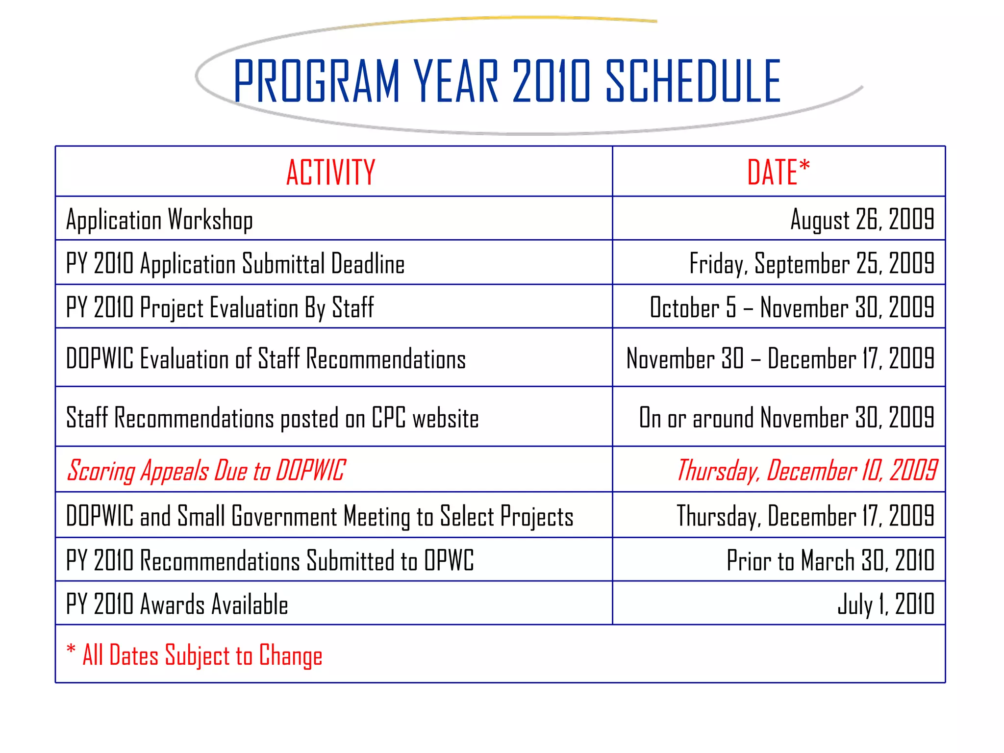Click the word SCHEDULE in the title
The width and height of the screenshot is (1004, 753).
tap(693, 81)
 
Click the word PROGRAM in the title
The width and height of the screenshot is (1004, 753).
tap(317, 81)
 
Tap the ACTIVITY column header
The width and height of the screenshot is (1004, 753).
tap(331, 173)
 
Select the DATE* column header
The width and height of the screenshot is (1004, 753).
tap(778, 173)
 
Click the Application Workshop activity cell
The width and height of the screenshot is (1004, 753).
tap(160, 220)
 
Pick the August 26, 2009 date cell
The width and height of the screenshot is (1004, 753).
tap(862, 219)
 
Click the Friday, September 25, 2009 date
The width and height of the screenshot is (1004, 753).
tap(811, 263)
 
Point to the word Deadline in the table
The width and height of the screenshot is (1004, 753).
tap(368, 264)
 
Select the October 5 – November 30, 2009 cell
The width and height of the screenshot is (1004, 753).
tap(792, 307)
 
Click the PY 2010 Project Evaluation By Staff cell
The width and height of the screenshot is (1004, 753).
tap(220, 308)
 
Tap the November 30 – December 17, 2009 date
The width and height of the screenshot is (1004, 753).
tap(780, 358)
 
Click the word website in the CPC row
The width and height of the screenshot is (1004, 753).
tap(445, 418)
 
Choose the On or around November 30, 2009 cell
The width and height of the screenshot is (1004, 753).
tap(786, 418)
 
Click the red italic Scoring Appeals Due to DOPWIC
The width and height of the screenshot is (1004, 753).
tap(206, 471)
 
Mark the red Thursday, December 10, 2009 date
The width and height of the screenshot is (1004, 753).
tap(806, 471)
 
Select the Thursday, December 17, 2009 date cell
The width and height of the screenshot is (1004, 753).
tap(805, 516)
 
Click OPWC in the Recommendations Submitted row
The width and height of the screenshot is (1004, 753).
tap(449, 560)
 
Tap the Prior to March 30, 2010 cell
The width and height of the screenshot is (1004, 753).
tap(830, 560)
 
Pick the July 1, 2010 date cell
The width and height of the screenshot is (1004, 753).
tap(885, 604)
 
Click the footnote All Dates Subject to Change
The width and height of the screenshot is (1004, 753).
tap(202, 655)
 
